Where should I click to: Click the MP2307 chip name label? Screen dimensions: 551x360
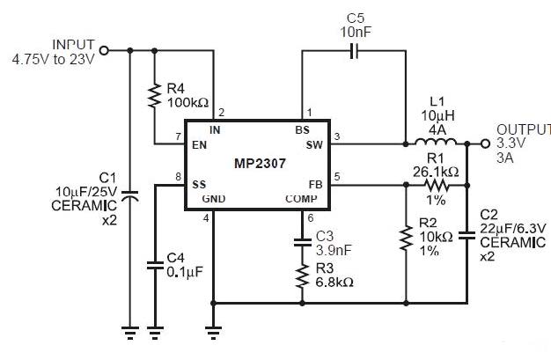(260, 164)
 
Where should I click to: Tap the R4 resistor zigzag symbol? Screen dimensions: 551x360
(154, 95)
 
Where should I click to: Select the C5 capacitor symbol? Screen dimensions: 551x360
(355, 51)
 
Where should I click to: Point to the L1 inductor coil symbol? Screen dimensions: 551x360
(436, 141)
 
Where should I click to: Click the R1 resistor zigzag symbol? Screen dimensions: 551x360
(437, 185)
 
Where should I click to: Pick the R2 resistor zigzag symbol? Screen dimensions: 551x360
(406, 239)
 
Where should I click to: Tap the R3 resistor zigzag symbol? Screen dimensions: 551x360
(302, 276)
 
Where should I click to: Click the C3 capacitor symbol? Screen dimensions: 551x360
(302, 242)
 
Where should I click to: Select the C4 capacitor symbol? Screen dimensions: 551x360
(155, 266)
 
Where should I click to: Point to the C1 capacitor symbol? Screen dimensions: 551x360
(129, 195)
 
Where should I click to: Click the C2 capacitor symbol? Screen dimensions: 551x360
(467, 235)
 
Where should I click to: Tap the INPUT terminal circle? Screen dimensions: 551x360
(104, 51)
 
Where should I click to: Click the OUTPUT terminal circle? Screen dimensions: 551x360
(485, 143)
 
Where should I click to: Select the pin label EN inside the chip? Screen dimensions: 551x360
(199, 145)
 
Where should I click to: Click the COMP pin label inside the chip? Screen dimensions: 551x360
(301, 199)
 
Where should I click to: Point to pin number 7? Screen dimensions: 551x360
(178, 136)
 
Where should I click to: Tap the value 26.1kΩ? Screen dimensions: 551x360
(436, 172)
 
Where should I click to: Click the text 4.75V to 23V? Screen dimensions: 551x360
(54, 60)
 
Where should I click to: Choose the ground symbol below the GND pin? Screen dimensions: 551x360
(213, 333)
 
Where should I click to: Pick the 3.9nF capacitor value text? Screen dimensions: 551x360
(334, 250)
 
